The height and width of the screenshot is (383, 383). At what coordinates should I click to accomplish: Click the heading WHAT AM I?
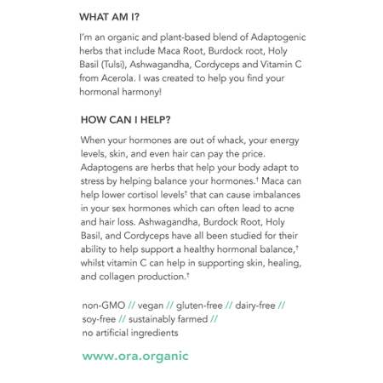pyautogui.click(x=110, y=16)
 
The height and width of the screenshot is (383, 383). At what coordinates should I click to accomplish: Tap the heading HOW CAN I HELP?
pyautogui.click(x=125, y=119)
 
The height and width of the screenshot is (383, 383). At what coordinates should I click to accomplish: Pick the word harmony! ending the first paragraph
pyautogui.click(x=137, y=90)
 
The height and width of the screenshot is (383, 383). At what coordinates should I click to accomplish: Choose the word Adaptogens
pyautogui.click(x=111, y=168)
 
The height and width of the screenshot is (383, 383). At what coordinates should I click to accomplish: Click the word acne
pyautogui.click(x=290, y=209)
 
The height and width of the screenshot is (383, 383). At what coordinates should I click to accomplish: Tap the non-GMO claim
pyautogui.click(x=101, y=305)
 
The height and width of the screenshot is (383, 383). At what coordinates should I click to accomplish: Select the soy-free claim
pyautogui.click(x=99, y=318)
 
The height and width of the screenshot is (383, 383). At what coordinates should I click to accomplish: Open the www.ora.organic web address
pyautogui.click(x=135, y=357)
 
